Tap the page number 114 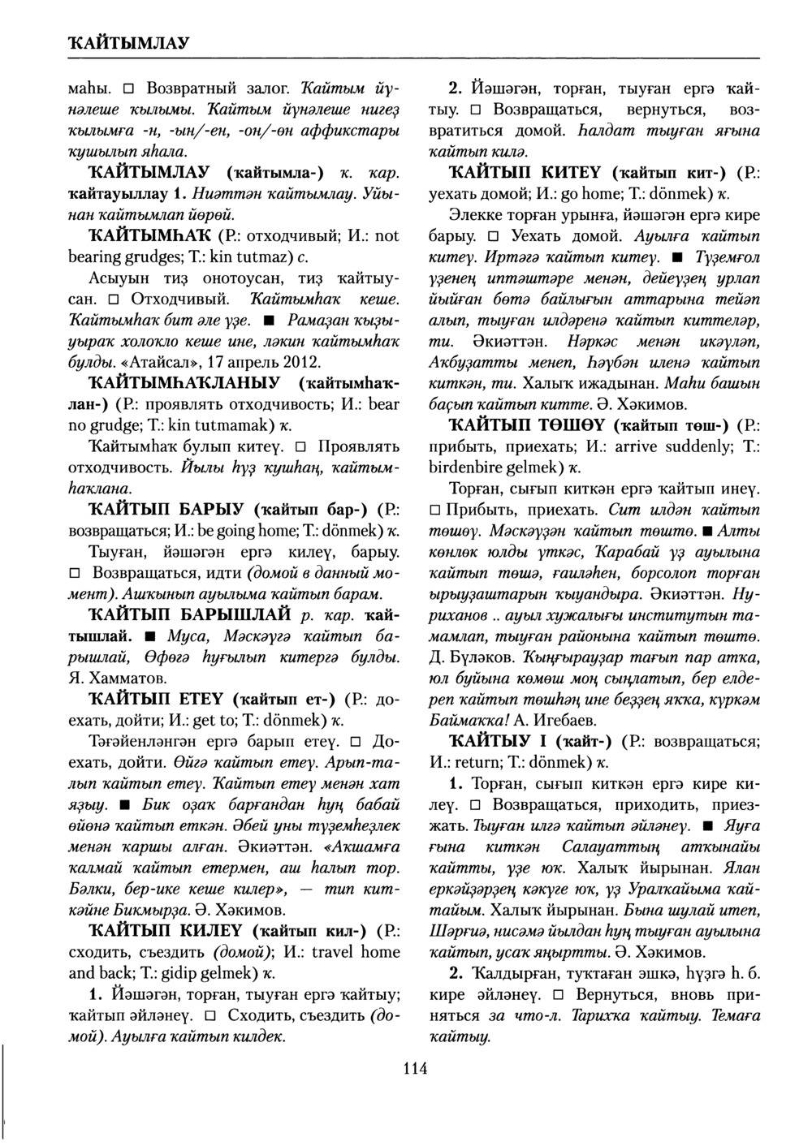click(414, 1068)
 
